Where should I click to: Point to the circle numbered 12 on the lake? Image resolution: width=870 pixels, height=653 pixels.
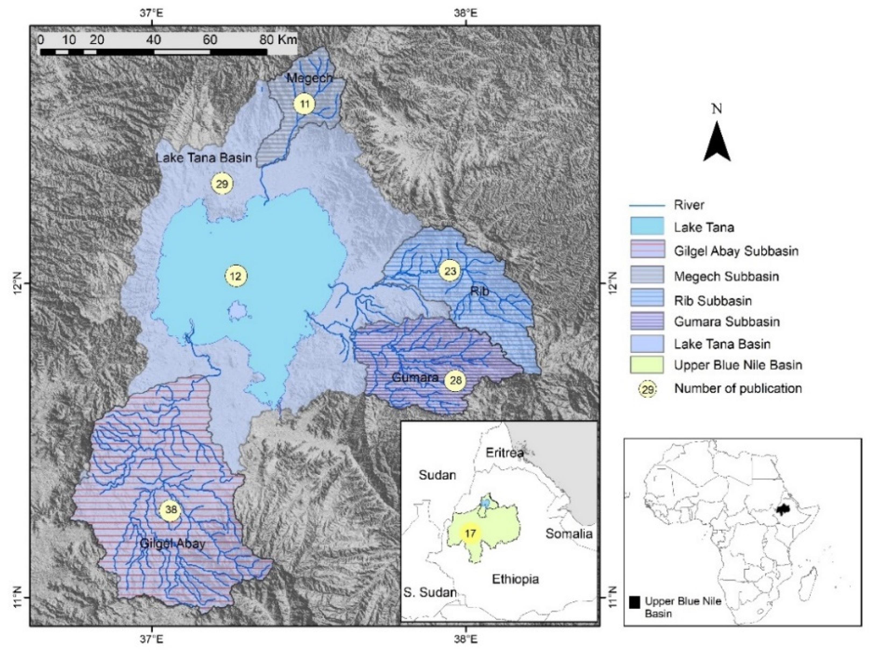point(236,276)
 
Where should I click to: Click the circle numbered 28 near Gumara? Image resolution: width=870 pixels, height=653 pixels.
point(455,380)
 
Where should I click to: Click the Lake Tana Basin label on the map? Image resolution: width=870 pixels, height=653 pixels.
point(204,158)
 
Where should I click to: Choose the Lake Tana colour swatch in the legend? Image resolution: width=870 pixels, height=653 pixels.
point(647,227)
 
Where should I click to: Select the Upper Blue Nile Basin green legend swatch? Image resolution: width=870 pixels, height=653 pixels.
point(647,365)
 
